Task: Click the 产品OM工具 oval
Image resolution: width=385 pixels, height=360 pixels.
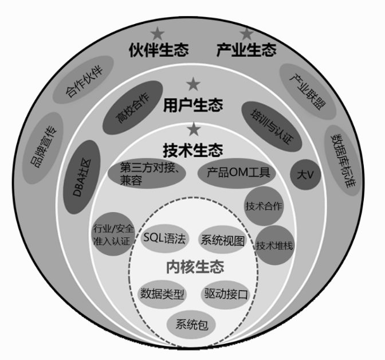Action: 237,171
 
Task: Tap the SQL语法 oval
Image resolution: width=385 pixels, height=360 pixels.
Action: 164,239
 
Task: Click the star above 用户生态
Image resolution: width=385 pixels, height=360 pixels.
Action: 194,85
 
